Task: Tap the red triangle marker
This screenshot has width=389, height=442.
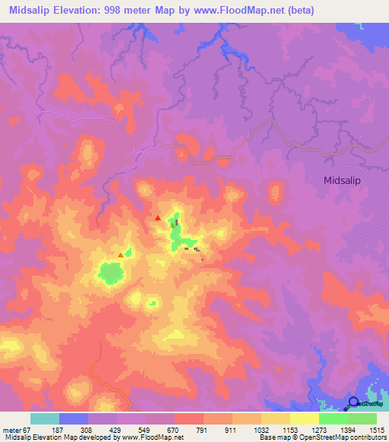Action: (158, 218)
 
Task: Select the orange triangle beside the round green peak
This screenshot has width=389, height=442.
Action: (121, 255)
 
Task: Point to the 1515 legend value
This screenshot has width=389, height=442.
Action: (378, 431)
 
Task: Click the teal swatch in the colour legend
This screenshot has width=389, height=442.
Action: (45, 418)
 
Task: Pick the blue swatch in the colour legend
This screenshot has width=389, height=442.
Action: (74, 418)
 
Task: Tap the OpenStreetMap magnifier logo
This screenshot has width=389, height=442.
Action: (353, 403)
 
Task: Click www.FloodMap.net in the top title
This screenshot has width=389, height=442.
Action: (242, 10)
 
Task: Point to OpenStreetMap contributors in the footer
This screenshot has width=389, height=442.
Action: (343, 437)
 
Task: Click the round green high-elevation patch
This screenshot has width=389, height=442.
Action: (111, 272)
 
